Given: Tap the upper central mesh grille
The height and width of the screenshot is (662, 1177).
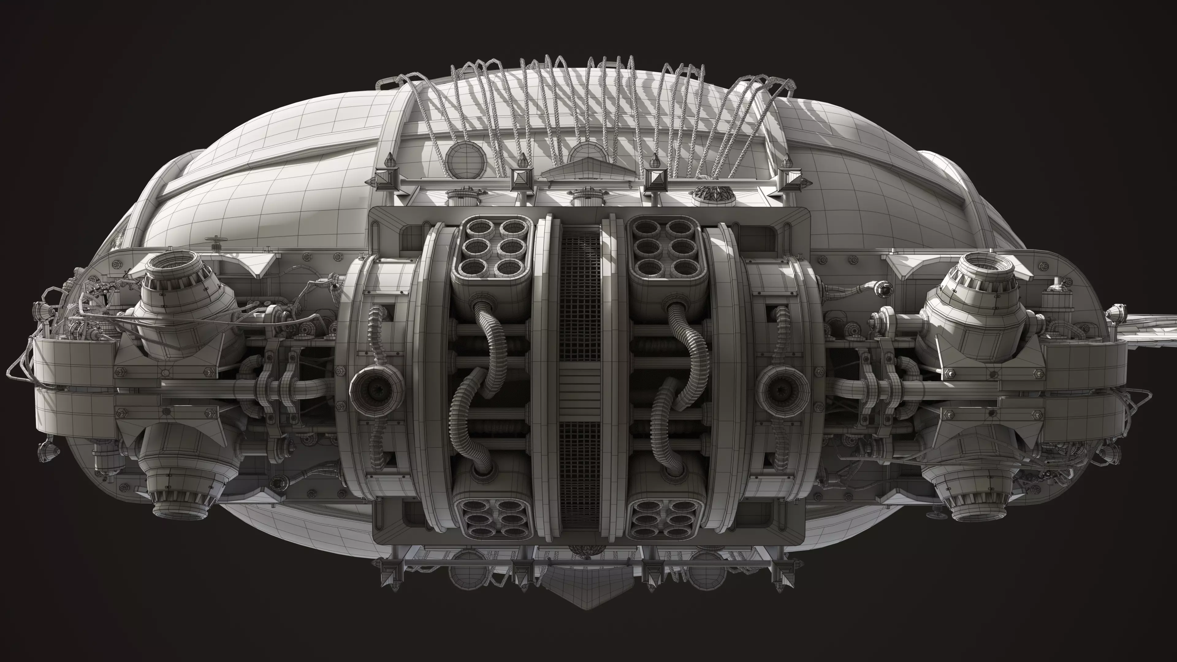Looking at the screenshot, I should point(580,297).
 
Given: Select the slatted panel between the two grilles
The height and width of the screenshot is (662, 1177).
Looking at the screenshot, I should point(580,391).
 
